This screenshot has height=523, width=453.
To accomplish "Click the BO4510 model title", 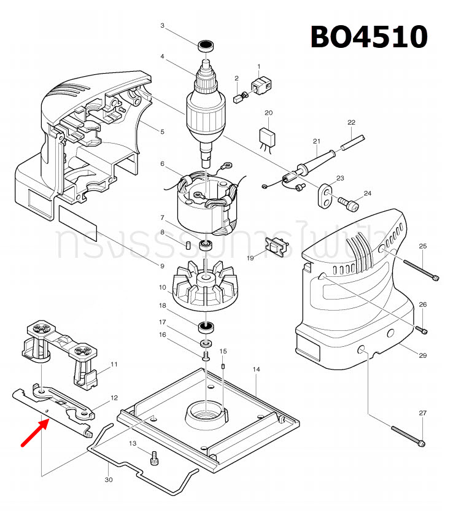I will coord(368,36).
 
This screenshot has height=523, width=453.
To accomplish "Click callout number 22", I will coord(351,122).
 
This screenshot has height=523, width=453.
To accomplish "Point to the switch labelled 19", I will coord(276,247).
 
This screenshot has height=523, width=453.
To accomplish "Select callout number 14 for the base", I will coord(257,369).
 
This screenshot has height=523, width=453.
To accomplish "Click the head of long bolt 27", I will coord(424,443).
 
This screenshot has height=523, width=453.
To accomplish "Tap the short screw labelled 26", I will coord(422,330).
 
